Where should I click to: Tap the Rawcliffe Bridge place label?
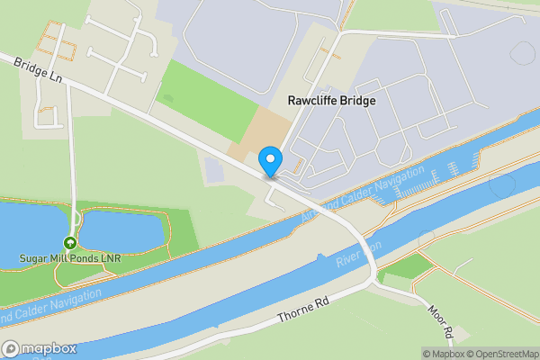(331, 101)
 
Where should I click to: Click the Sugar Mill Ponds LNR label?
(70, 258)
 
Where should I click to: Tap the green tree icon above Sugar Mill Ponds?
(70, 243)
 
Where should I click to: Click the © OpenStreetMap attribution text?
(501, 354)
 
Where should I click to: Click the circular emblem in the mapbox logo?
(11, 348)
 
